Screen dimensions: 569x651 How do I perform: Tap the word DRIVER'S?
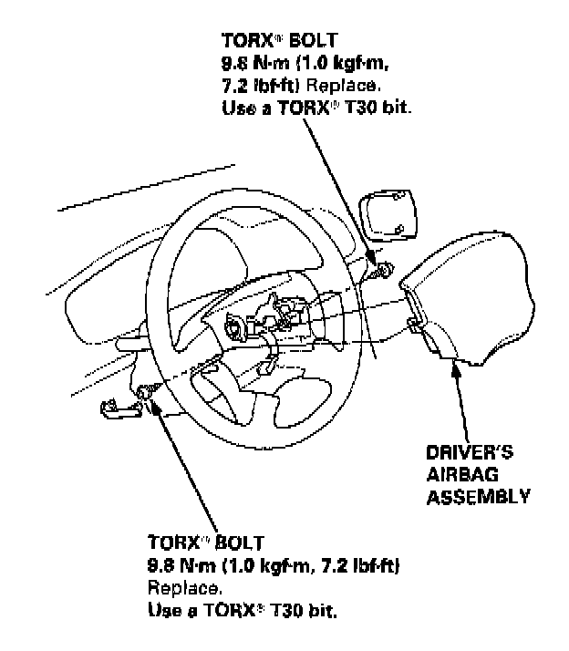point(469,452)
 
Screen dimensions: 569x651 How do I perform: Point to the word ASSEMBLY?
point(478,497)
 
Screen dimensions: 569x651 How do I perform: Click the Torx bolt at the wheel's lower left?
point(146,393)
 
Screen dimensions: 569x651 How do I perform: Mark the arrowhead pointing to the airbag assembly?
point(454,369)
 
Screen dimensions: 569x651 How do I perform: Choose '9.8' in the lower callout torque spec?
point(160,564)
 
